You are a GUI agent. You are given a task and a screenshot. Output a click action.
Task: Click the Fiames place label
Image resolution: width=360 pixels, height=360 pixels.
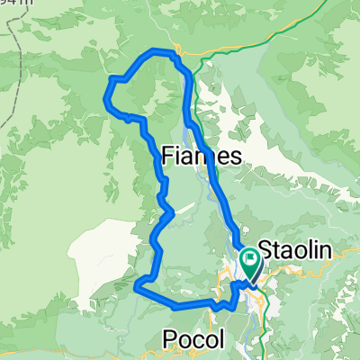click(x=202, y=157)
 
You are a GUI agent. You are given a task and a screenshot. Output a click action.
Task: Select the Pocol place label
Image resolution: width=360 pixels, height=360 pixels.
click(x=193, y=337)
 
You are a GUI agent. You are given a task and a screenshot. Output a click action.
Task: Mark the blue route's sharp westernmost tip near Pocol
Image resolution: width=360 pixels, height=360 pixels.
click(x=136, y=286)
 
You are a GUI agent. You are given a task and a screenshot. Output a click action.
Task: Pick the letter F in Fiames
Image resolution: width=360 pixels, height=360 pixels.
click(x=168, y=157)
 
